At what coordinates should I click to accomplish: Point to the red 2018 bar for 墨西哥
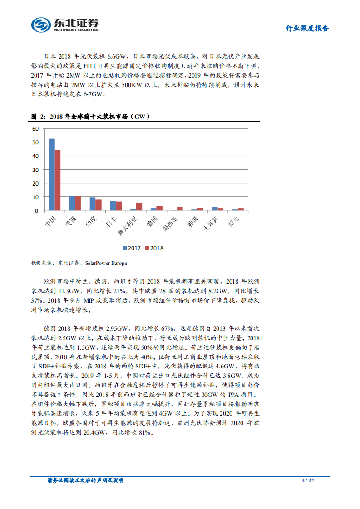[180, 209]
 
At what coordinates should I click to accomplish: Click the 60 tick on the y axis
[35, 129]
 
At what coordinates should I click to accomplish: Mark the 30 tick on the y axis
[35, 170]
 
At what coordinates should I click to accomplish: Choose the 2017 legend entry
[131, 248]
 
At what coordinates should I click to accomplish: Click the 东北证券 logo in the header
[64, 24]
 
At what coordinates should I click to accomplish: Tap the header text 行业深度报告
[307, 28]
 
